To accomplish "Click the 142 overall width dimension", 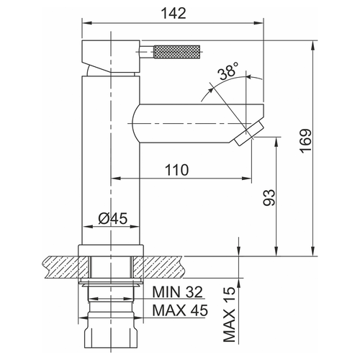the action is (174, 14).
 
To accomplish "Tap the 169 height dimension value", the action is (305, 141).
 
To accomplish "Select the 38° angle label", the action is (229, 71).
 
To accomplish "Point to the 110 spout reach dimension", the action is (176, 170).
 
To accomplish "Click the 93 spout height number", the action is (269, 197).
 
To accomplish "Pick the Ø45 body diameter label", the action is (113, 218).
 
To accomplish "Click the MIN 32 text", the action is (178, 292).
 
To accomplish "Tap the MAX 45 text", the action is (180, 310).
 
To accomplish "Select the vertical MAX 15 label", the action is (229, 315).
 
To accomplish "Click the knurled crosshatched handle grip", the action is (177, 52).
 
